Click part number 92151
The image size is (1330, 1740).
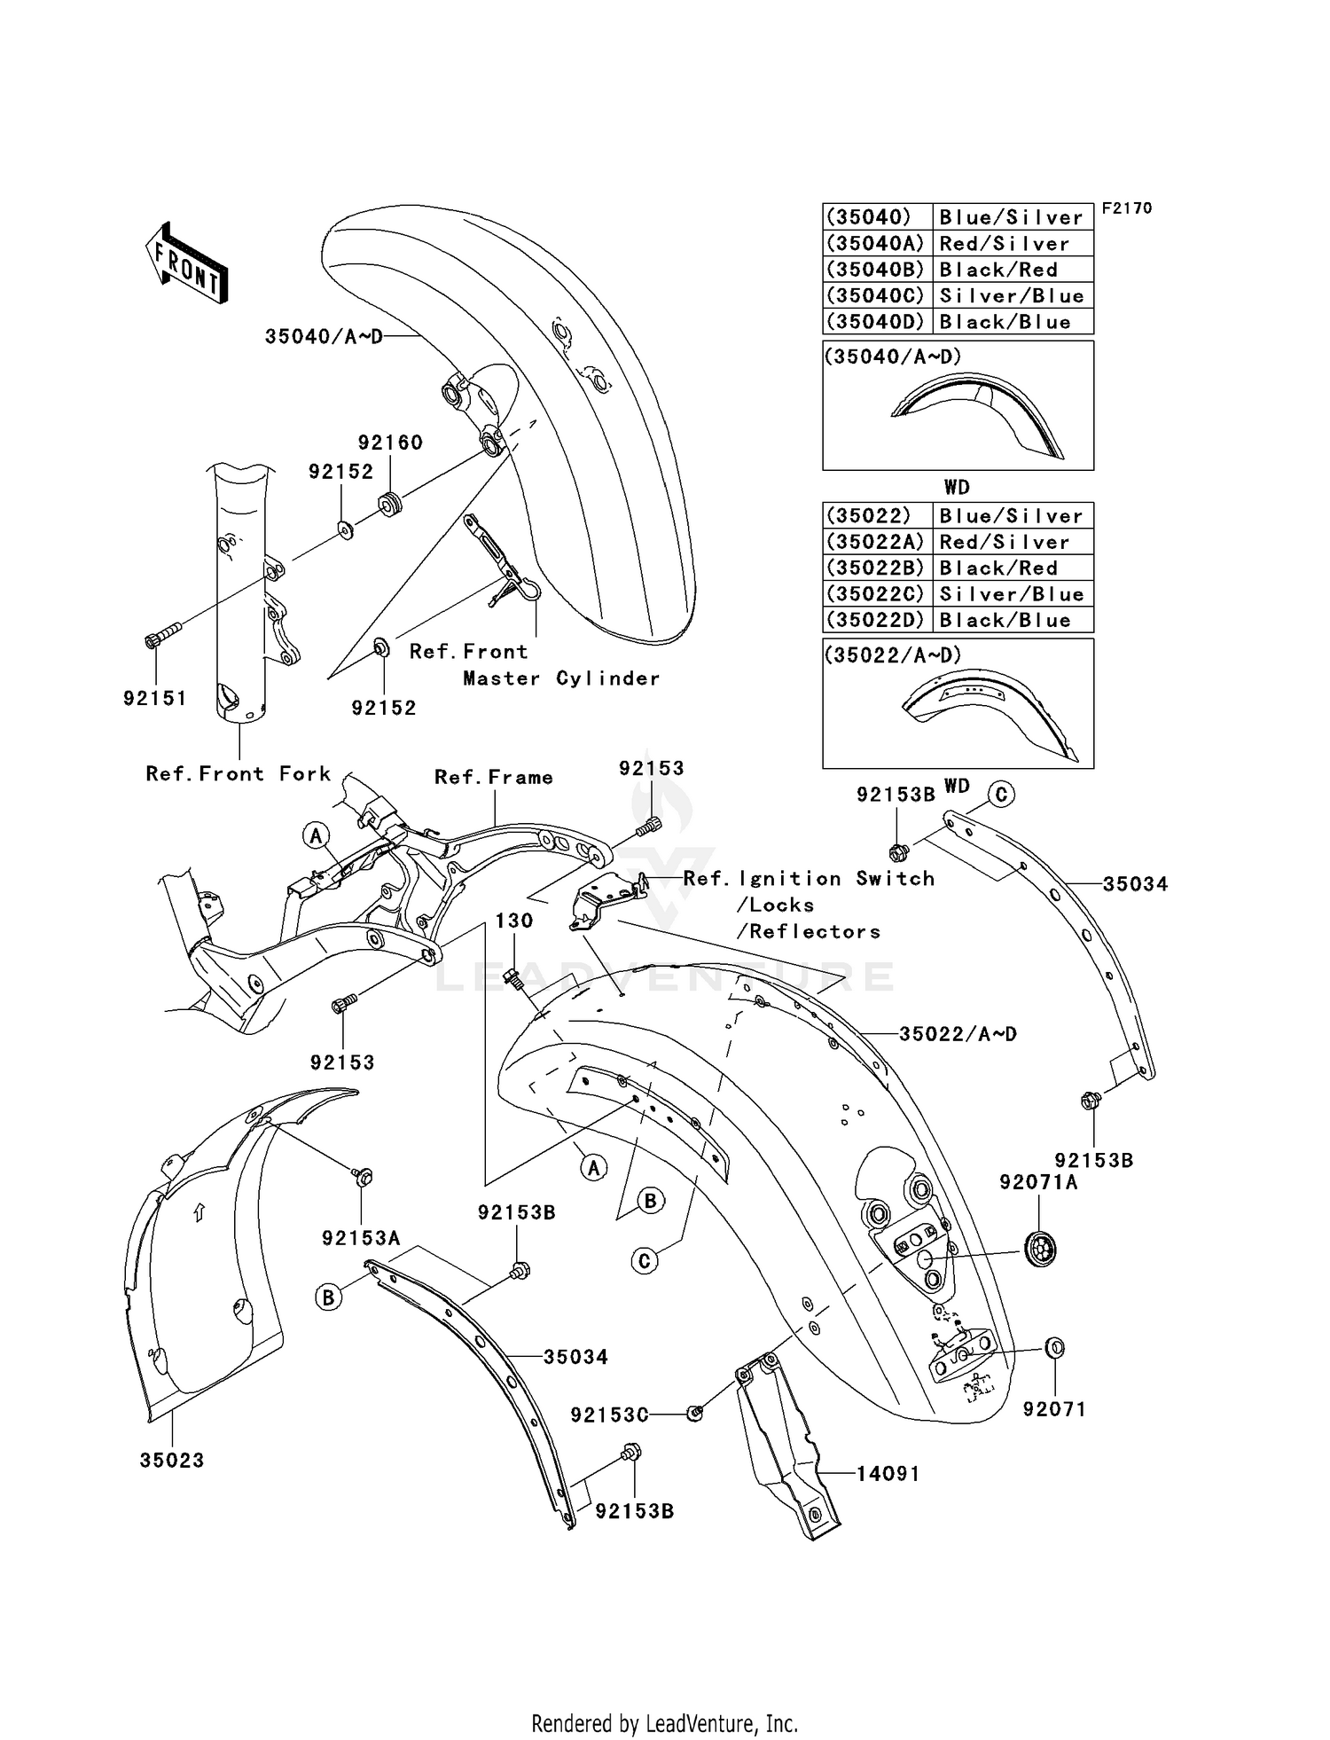pyautogui.click(x=155, y=698)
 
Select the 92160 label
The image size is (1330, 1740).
pyautogui.click(x=390, y=443)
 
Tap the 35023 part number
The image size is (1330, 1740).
pyautogui.click(x=172, y=1461)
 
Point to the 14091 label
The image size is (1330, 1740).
pyautogui.click(x=888, y=1474)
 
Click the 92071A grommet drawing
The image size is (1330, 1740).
pyautogui.click(x=1041, y=1250)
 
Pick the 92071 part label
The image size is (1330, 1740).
pyautogui.click(x=1054, y=1409)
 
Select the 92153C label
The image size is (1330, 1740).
pyautogui.click(x=609, y=1415)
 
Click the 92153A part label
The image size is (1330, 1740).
pyautogui.click(x=361, y=1238)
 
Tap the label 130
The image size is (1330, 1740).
pyautogui.click(x=514, y=921)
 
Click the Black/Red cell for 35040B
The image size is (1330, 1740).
pyautogui.click(x=998, y=270)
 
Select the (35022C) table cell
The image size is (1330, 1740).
pyautogui.click(x=875, y=594)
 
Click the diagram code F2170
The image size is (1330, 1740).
pyautogui.click(x=1127, y=208)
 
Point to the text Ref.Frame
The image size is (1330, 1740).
pyautogui.click(x=494, y=778)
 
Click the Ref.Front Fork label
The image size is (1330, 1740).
pyautogui.click(x=238, y=774)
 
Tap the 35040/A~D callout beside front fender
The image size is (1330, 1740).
pyautogui.click(x=324, y=337)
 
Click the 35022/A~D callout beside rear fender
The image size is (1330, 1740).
pyautogui.click(x=958, y=1034)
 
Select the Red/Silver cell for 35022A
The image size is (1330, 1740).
pyautogui.click(x=1005, y=542)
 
